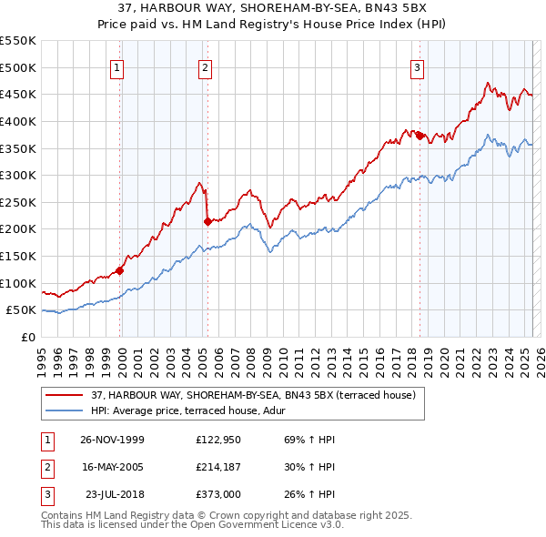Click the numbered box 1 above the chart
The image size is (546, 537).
coord(119,66)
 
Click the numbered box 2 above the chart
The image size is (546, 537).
coord(206,66)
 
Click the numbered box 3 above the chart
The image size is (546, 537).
coord(417,66)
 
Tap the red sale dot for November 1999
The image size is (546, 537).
coord(119,270)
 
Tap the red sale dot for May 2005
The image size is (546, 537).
coord(207,221)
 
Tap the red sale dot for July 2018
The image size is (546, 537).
coord(420,136)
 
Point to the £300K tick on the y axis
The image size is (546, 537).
coord(18,175)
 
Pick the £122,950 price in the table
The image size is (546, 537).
coord(217,440)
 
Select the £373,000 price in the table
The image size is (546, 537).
coord(217,494)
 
